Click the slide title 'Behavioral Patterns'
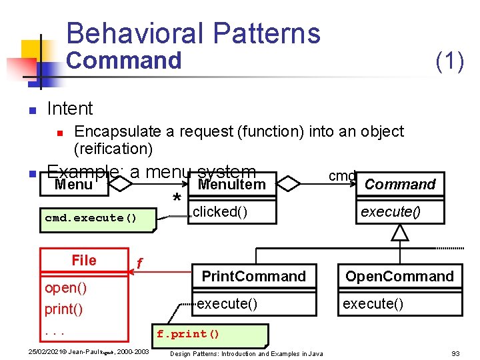click(x=193, y=33)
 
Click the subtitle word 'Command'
click(x=124, y=61)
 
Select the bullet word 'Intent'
click(x=70, y=108)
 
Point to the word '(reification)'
click(x=113, y=148)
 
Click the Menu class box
click(x=73, y=185)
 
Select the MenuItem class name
click(x=231, y=185)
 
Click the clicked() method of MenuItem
click(x=219, y=212)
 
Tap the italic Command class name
click(x=400, y=185)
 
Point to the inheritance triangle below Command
click(x=399, y=233)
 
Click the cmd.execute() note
click(x=91, y=218)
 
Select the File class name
click(x=84, y=260)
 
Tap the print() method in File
click(x=63, y=309)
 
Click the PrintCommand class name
click(x=253, y=276)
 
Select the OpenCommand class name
click(x=399, y=276)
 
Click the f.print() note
click(x=187, y=334)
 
